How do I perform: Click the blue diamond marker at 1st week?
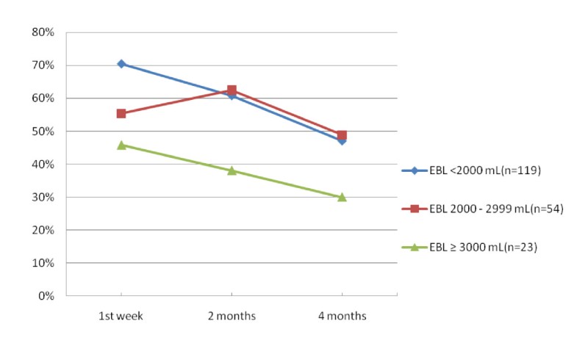(x=121, y=64)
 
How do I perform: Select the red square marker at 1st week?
(x=121, y=113)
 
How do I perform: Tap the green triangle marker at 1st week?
(x=121, y=145)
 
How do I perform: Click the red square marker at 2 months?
(x=232, y=90)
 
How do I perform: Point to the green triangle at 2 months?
(x=232, y=170)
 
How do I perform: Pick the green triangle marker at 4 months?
(x=342, y=197)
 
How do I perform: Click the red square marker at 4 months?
(x=342, y=135)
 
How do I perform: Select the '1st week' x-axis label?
(x=121, y=316)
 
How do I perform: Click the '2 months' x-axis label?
(x=232, y=316)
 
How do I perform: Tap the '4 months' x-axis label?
(x=342, y=316)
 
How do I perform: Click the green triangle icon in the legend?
(x=414, y=247)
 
